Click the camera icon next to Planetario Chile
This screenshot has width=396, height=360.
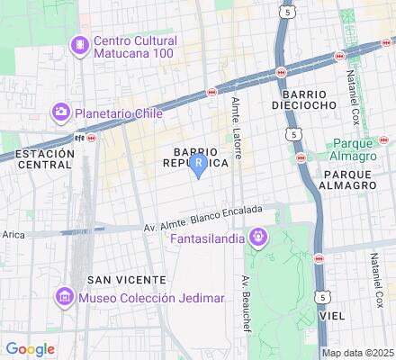pos(62,113)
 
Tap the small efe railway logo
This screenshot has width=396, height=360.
pos(78,139)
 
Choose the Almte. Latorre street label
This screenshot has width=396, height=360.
pos(237,127)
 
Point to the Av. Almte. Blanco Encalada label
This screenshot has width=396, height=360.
pos(203,219)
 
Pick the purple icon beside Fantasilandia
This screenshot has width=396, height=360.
pos(259,238)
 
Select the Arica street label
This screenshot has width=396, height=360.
pos(13,234)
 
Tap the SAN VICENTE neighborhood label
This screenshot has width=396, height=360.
pos(119,280)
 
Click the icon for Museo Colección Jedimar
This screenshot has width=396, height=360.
pos(65,297)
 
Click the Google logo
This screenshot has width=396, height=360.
pos(29,349)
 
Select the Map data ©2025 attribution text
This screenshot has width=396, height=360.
pos(358,353)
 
